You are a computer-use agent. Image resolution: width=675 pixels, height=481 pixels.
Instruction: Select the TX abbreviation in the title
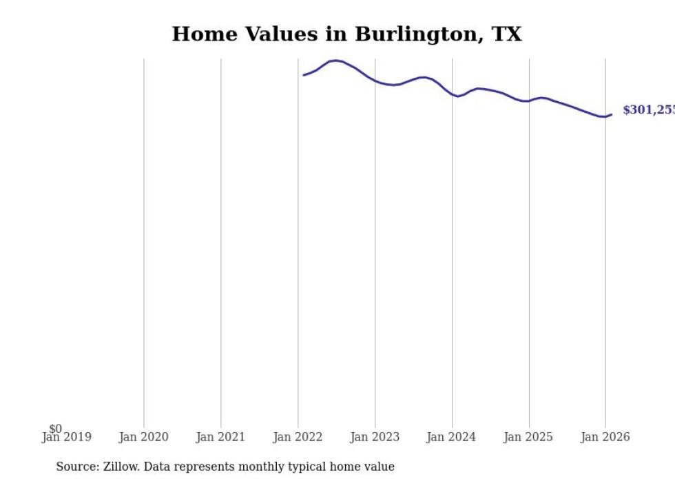click(506, 34)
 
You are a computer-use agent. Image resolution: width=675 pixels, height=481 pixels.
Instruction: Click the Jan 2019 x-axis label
click(66, 437)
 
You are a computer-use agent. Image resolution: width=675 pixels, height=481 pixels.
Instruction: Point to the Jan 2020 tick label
click(143, 437)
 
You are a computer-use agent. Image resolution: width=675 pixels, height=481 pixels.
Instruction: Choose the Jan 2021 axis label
click(220, 437)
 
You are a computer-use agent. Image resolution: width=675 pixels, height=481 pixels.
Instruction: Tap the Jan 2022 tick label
click(298, 437)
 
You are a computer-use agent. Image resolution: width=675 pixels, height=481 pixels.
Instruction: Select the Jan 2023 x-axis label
click(375, 437)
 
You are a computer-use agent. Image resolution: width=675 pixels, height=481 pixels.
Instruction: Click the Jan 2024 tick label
click(451, 437)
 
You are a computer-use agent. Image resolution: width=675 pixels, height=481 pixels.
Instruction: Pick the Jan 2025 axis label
click(528, 437)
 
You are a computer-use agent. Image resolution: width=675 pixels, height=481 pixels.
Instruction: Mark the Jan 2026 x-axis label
click(605, 437)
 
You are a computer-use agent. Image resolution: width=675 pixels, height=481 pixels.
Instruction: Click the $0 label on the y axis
click(55, 429)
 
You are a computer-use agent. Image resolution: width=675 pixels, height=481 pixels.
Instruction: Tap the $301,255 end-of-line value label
click(648, 110)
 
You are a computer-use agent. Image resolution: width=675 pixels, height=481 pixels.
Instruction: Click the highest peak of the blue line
click(335, 61)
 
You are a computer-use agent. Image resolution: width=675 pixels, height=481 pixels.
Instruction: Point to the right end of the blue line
click(612, 114)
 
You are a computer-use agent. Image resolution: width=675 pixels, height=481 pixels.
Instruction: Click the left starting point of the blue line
click(303, 75)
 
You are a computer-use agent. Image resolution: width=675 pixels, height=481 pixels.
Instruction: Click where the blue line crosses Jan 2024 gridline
click(452, 94)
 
